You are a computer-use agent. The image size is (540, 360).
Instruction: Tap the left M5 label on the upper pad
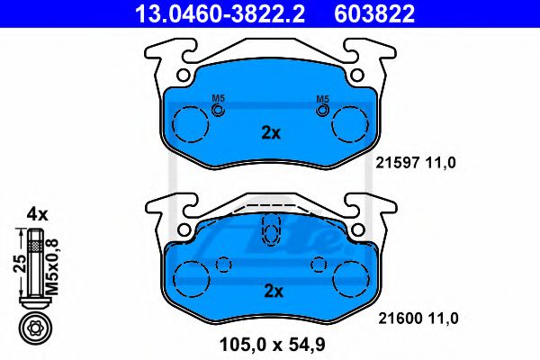[217, 99]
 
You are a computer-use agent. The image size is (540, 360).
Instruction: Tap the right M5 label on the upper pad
[321, 99]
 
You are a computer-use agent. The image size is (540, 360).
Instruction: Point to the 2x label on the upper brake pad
[270, 133]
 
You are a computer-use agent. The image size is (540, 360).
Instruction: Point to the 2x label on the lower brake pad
[271, 291]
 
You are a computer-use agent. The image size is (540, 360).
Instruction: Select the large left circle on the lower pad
[191, 277]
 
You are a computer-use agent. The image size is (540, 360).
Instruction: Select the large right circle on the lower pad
[351, 277]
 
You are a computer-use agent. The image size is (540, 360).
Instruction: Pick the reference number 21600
[391, 318]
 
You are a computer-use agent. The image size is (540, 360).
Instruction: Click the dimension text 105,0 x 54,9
[269, 343]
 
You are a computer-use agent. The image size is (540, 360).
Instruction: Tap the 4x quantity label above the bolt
[36, 214]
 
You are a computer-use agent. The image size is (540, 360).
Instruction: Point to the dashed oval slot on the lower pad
[269, 230]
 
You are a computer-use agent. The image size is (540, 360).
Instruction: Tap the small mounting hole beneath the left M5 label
[217, 110]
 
